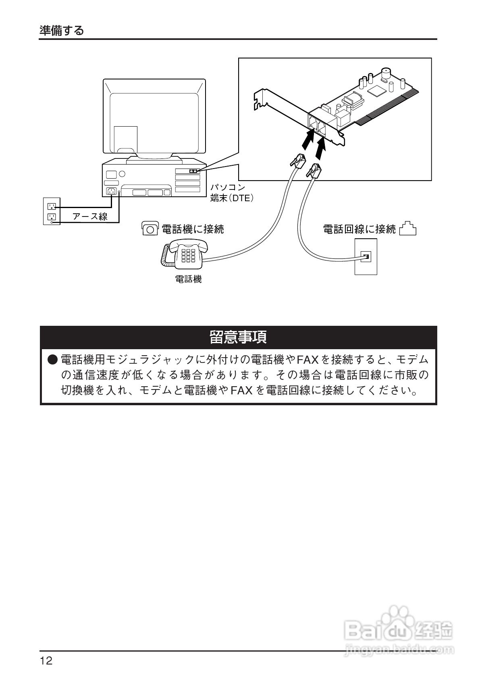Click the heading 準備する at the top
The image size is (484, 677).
click(x=62, y=30)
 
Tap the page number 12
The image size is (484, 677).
click(x=46, y=661)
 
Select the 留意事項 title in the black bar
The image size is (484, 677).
click(x=238, y=337)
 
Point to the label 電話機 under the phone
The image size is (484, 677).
click(x=188, y=279)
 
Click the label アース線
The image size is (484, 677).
click(x=90, y=217)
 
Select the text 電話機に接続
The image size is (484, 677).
click(x=193, y=229)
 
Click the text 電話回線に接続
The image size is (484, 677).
click(x=359, y=229)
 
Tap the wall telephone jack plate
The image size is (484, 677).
click(x=366, y=256)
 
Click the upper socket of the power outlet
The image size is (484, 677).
click(x=52, y=206)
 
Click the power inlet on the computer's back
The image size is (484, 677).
click(x=112, y=191)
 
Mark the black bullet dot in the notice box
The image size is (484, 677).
click(x=53, y=359)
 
